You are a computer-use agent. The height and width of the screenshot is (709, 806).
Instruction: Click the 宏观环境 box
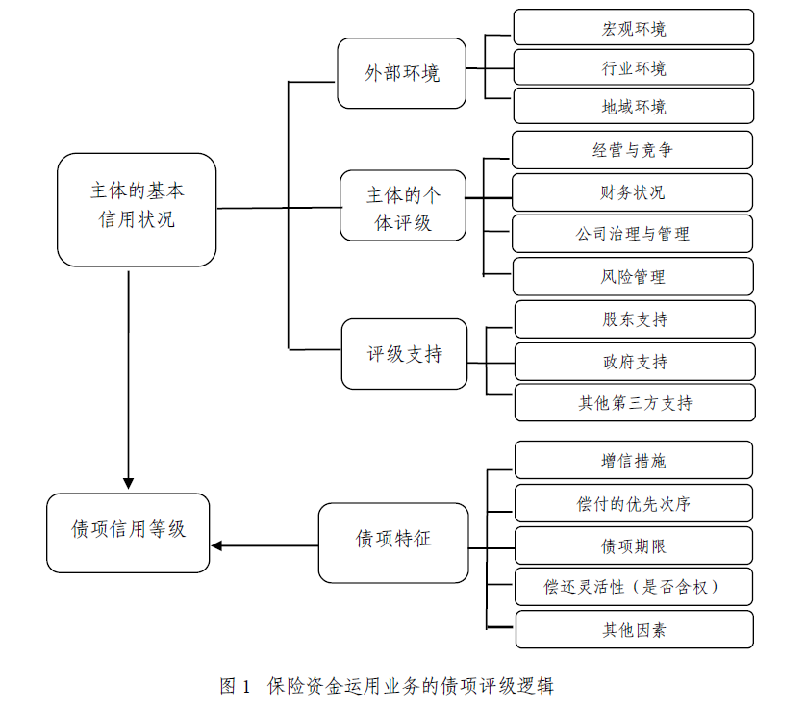pos(633,28)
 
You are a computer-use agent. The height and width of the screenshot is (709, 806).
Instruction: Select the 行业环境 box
pos(633,67)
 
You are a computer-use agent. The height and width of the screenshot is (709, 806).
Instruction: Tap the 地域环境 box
pos(633,106)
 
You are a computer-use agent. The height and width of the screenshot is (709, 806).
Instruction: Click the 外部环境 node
pos(401,73)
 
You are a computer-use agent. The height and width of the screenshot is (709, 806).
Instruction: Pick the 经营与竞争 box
pos(632,150)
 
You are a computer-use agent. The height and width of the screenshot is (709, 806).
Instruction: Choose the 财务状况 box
pos(632,192)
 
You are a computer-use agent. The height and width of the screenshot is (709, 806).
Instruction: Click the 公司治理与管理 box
pos(632,234)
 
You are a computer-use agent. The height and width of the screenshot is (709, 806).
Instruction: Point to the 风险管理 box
pos(632,276)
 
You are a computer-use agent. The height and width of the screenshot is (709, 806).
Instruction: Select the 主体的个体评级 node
pos(403,207)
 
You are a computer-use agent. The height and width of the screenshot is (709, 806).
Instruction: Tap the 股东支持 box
pos(634,319)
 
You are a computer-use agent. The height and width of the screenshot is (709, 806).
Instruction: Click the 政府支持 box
pos(634,362)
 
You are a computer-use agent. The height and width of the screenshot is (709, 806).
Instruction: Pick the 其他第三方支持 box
pos(634,403)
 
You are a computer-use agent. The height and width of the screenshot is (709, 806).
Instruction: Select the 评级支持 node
pos(404,354)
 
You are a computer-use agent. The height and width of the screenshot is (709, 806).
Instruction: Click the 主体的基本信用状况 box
pos(137,208)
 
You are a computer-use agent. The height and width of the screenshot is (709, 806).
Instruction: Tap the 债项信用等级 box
pos(128,532)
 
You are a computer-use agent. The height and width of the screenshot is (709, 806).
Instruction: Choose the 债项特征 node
pos(393,541)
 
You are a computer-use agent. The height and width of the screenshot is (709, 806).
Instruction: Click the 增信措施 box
pos(633,461)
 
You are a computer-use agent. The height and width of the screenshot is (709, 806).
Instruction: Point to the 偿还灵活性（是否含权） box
pos(633,587)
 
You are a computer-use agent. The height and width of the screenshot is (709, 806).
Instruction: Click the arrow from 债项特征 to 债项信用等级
pos(264,545)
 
